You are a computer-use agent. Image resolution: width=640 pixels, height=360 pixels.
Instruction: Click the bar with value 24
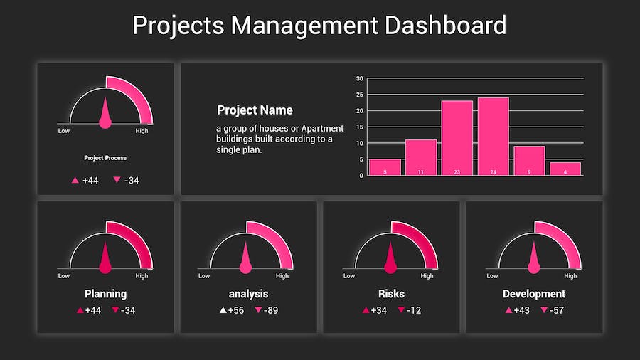pos(493,136)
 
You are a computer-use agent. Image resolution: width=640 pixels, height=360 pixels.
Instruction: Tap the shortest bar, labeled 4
pos(565,169)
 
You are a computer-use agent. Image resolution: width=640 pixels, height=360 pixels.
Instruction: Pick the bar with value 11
pos(420,157)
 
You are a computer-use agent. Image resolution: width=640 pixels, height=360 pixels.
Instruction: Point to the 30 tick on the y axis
pos(360,79)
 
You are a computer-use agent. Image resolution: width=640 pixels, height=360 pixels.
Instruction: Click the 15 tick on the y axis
pos(360,127)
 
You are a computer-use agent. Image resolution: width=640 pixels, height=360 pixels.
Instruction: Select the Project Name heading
pos(255,110)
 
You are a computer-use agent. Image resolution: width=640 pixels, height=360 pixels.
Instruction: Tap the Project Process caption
pos(105,158)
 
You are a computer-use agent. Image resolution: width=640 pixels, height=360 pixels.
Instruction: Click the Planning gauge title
pos(105,293)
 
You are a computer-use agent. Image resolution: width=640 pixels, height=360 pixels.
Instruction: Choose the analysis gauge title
pos(248,293)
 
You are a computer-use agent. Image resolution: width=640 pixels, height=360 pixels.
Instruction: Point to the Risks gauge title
pos(391,293)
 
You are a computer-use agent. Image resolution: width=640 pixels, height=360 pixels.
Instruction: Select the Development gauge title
pos(534,293)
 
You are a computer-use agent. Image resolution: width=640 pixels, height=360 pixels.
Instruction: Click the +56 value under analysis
pos(236,310)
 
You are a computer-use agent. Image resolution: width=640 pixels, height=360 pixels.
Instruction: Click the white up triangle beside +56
pos(223,310)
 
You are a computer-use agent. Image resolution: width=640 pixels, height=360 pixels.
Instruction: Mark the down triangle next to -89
pos(258,310)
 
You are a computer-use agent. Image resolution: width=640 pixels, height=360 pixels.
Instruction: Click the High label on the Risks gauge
pos(427,276)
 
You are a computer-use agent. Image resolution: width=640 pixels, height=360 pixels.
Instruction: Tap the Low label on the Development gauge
pos(491,276)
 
